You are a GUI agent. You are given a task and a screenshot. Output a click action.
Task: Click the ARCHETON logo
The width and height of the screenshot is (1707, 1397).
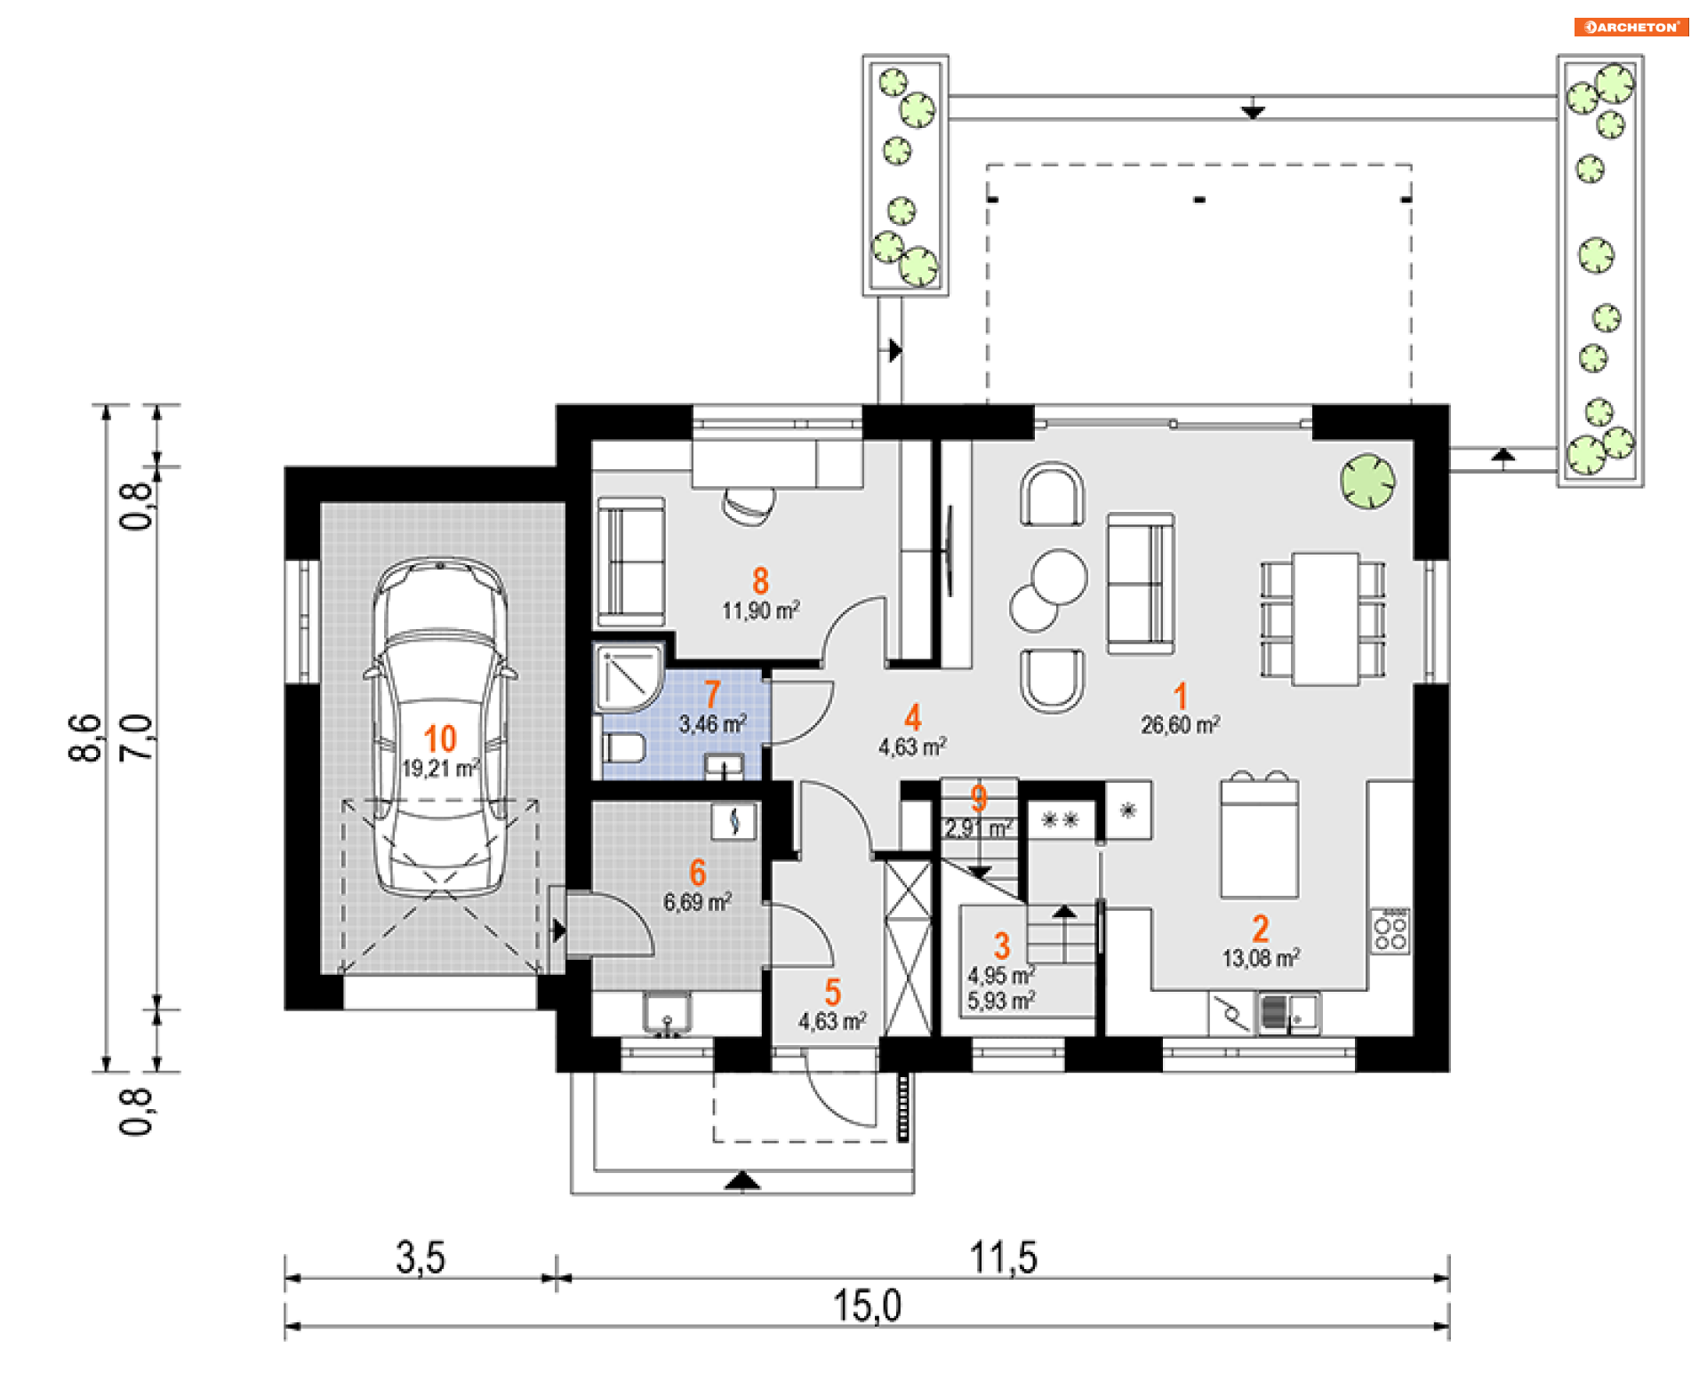click(1631, 27)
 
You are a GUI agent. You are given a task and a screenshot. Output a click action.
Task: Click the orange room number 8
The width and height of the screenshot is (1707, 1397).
click(760, 581)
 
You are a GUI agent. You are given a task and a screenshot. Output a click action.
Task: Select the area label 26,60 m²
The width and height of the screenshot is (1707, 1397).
click(1181, 725)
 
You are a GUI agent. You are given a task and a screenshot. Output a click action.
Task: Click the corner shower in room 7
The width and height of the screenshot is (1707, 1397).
click(629, 678)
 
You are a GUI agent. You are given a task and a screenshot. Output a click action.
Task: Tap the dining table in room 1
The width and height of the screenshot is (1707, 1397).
click(1325, 619)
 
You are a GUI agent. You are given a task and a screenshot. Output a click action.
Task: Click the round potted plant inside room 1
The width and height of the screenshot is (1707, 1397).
click(1367, 481)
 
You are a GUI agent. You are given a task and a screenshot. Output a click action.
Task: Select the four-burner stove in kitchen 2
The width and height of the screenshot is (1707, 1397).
click(1390, 930)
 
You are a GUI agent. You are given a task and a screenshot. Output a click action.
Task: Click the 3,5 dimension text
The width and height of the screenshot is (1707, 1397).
click(421, 1258)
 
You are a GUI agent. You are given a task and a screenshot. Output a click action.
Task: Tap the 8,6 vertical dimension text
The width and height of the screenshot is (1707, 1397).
click(85, 738)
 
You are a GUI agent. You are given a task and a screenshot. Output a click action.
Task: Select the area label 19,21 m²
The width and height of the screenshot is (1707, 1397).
click(441, 768)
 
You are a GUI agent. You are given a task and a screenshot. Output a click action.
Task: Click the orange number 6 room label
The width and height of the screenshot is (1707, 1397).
click(698, 873)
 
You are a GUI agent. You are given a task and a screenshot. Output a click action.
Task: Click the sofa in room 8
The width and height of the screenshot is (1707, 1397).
click(630, 562)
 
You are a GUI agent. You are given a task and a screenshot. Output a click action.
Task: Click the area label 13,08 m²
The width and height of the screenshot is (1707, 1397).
click(1261, 958)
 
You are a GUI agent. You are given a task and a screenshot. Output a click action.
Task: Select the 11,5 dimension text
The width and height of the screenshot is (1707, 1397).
click(1003, 1258)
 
